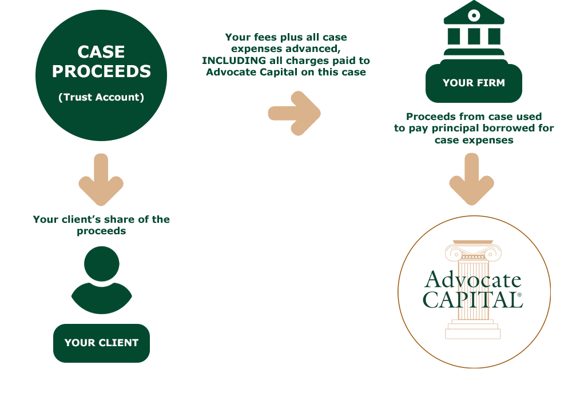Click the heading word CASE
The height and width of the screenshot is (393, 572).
pos(101,52)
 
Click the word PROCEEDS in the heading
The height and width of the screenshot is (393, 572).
pos(101,71)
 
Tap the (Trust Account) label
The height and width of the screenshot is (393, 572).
pos(101,97)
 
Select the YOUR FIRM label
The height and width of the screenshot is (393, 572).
pos(474,83)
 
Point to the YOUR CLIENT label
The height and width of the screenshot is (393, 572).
pos(101,343)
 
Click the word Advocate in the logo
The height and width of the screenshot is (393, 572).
pos(473,280)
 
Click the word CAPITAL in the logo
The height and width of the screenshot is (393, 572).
pos(470,299)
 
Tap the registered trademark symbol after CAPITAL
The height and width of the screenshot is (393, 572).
pos(519,295)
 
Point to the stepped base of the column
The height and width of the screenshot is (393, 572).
pos(472,330)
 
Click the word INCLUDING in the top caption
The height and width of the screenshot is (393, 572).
pos(236,61)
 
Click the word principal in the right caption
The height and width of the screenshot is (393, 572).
pos(456,129)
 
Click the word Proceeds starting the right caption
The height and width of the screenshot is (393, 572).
pos(430,117)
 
